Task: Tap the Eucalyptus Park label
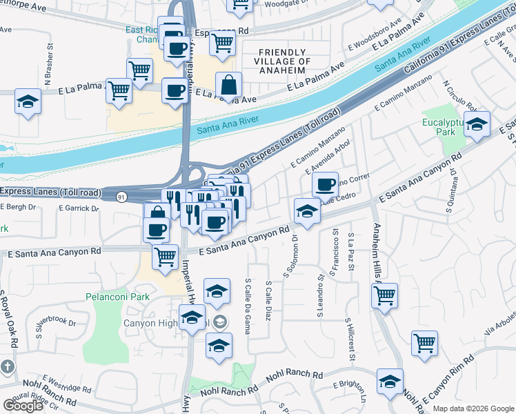[x=445, y=129]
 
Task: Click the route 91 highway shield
[x=122, y=197]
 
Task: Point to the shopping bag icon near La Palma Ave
[x=228, y=86]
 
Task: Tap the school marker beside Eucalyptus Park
[x=476, y=125]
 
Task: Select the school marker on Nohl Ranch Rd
[x=390, y=382]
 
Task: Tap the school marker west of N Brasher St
[x=28, y=103]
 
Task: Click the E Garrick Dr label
[x=79, y=208]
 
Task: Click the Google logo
[x=23, y=406]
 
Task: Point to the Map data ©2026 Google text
[x=473, y=408]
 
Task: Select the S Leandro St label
[x=320, y=297]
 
